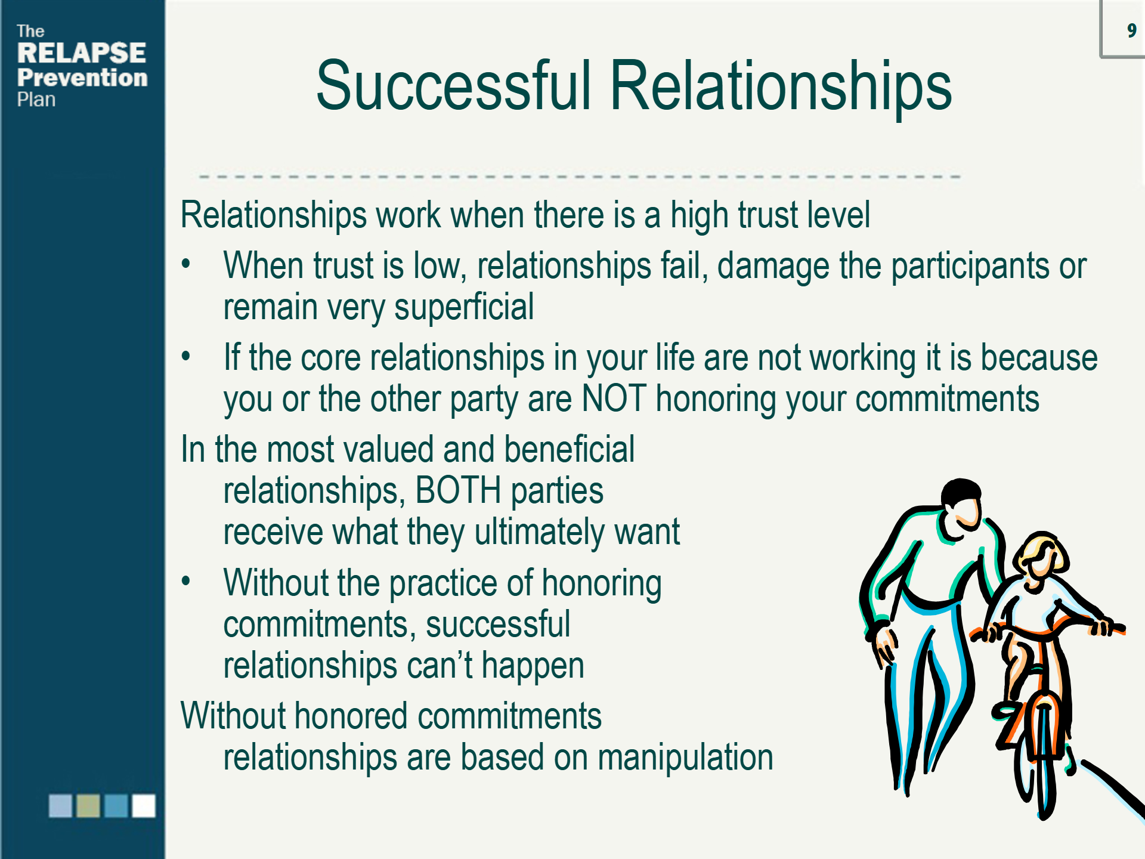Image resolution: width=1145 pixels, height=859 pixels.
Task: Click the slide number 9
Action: click(1131, 30)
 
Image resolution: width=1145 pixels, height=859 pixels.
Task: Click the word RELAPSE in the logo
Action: click(82, 53)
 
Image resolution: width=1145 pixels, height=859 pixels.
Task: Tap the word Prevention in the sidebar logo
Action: click(82, 78)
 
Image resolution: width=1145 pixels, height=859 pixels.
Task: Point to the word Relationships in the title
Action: click(781, 88)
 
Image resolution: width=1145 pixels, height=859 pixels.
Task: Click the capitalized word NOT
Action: click(614, 398)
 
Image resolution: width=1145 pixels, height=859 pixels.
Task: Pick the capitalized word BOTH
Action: click(458, 490)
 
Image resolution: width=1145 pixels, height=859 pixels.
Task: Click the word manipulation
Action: click(685, 758)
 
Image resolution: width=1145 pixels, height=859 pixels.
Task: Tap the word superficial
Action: click(464, 308)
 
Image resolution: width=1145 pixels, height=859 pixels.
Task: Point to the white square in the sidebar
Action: click(144, 805)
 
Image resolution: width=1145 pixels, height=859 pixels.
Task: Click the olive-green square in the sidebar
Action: click(88, 805)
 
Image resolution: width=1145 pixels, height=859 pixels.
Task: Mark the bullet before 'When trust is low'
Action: click(186, 263)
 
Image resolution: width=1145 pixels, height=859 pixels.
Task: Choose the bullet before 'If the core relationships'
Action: click(186, 356)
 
